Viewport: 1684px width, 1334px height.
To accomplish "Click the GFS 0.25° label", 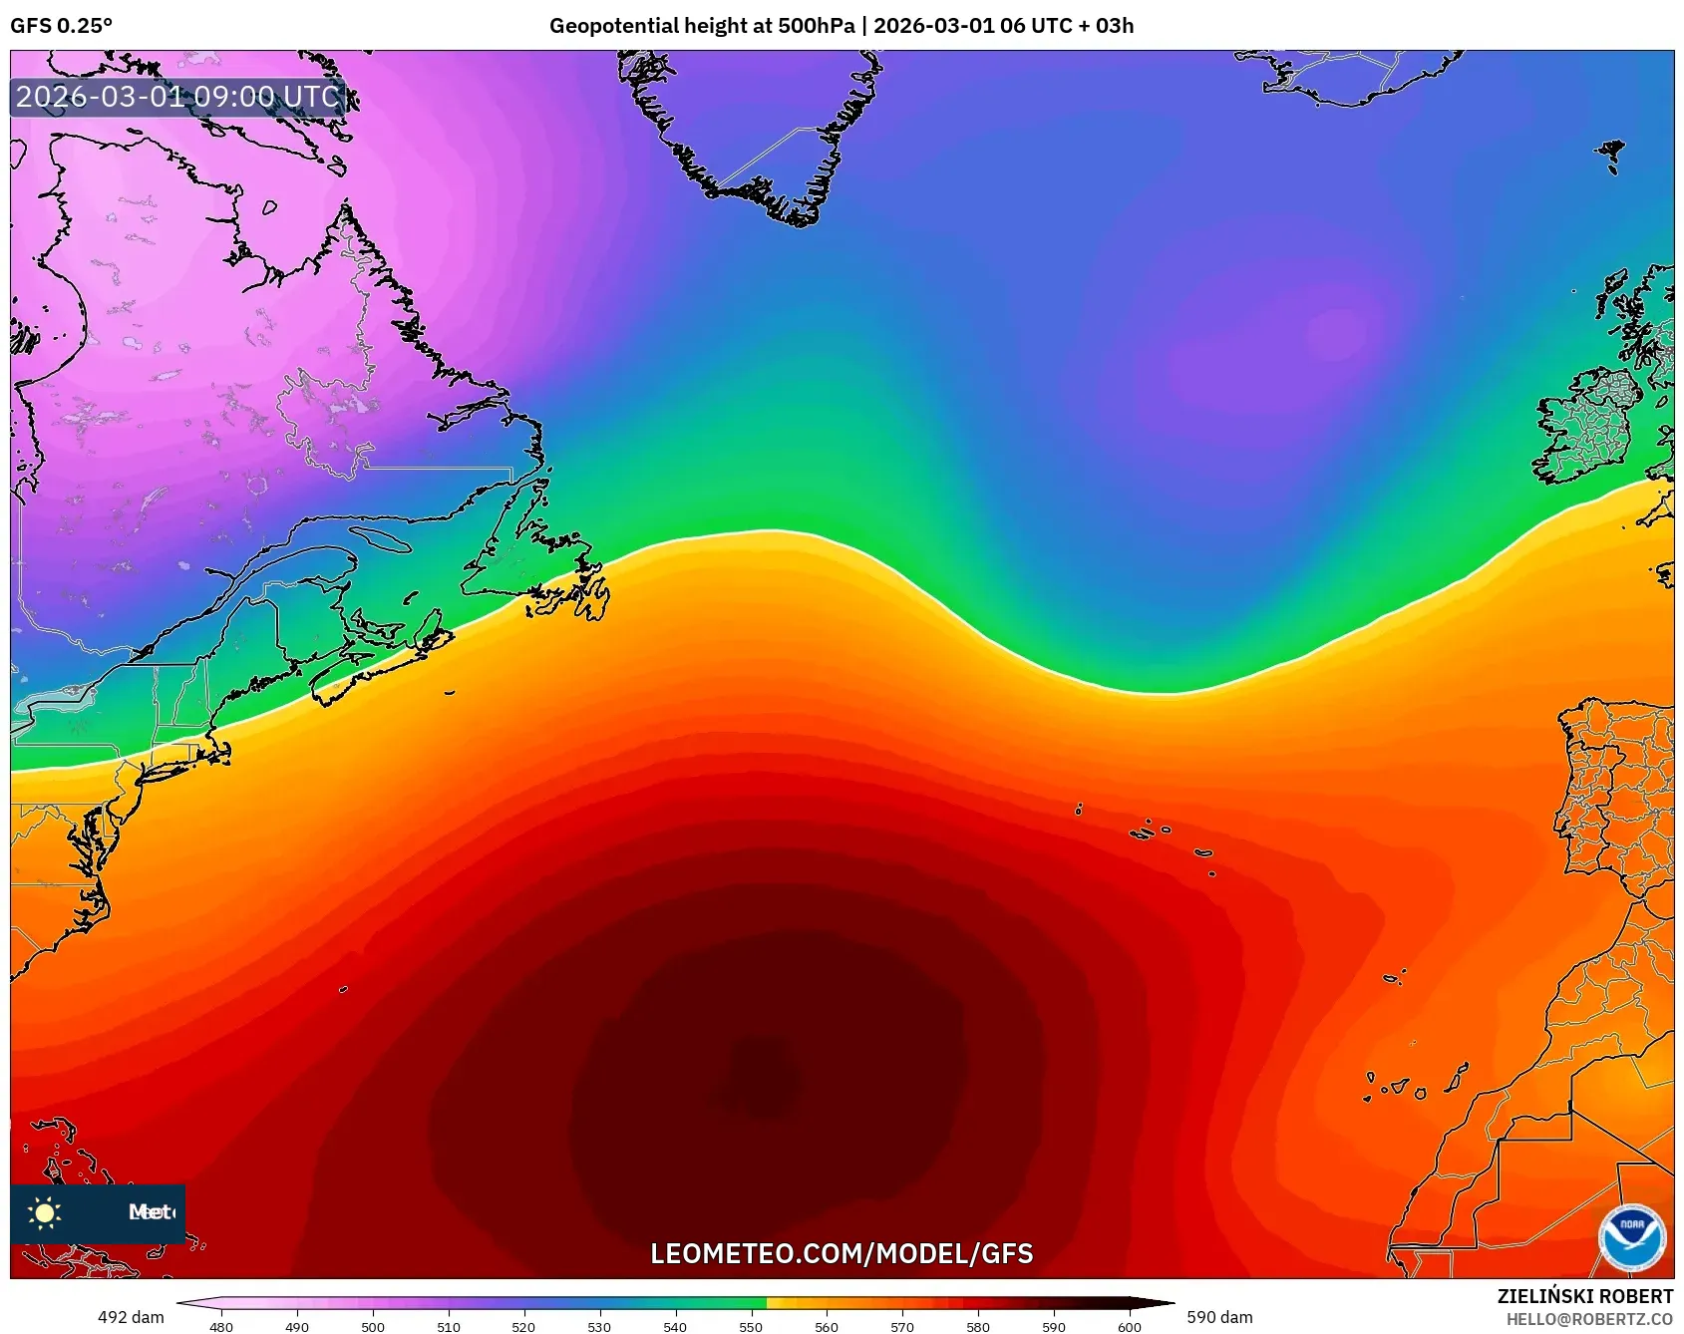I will point(61,26).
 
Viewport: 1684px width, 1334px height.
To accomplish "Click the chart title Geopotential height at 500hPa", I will point(701,26).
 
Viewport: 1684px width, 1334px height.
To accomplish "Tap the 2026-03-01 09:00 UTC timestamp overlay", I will point(178,97).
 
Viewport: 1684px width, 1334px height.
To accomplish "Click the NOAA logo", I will point(1631,1237).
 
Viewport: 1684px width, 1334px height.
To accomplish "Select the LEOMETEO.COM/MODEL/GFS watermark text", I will point(842,1253).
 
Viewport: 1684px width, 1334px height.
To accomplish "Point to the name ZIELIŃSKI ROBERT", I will point(1584,1296).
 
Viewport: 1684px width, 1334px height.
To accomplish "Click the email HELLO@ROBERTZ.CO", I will point(1588,1319).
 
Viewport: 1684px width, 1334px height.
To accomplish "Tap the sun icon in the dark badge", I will point(45,1212).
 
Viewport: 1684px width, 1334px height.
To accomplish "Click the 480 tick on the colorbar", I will point(221,1326).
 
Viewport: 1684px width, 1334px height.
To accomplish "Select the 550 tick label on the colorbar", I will point(751,1326).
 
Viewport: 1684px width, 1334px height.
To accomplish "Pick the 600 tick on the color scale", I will point(1129,1326).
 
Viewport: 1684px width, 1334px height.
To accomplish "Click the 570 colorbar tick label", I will point(902,1326).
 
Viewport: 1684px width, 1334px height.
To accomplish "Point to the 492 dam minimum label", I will point(131,1317).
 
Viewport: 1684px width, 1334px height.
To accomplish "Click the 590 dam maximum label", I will point(1219,1317).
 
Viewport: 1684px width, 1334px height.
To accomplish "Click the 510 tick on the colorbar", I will point(449,1326).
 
